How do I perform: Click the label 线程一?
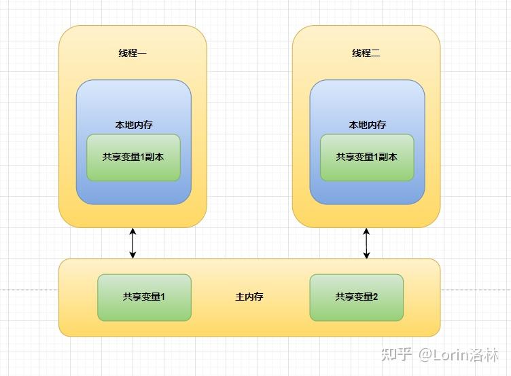[133, 53]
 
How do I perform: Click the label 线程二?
[366, 53]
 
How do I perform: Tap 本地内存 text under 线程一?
[133, 125]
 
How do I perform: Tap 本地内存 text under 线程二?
[367, 125]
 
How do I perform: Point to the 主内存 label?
[249, 297]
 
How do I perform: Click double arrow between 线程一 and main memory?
[133, 243]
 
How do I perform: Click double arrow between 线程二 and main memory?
[367, 243]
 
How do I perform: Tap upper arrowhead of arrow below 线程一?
[133, 232]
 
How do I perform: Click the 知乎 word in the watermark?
[396, 354]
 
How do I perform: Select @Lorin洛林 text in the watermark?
[459, 354]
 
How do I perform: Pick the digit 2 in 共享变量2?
[375, 297]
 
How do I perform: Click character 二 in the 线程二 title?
[376, 53]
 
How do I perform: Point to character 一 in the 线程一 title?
[142, 53]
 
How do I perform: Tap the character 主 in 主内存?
[240, 297]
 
